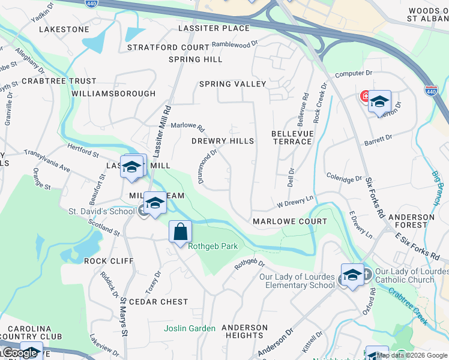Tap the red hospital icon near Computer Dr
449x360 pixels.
coord(364,96)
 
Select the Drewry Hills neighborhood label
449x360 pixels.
coord(222,141)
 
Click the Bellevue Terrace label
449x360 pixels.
coord(292,137)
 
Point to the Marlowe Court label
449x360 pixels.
coord(290,221)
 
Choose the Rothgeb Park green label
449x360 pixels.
coord(212,247)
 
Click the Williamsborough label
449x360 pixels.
coord(113,94)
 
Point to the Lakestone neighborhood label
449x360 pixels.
coord(64,29)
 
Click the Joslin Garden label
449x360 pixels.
coord(190,328)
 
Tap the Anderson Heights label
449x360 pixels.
coord(244,331)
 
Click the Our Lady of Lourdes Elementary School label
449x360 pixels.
coord(297,281)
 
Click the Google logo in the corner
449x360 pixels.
coord(19,353)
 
